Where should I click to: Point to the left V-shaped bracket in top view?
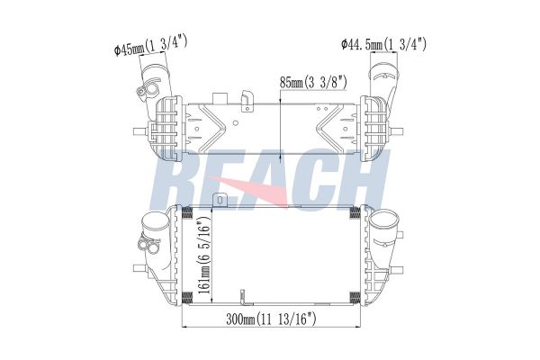pyautogui.click(x=211, y=123)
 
